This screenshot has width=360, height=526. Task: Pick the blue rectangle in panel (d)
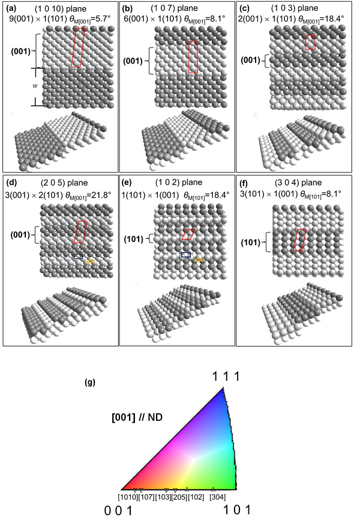79,256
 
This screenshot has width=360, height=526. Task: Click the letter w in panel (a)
35,86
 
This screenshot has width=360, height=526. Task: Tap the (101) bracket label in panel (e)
133,239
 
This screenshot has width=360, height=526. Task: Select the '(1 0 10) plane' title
61,8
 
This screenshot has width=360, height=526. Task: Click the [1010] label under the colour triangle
128,497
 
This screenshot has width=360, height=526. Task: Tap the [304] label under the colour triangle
218,497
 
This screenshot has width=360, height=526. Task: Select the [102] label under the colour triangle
196,497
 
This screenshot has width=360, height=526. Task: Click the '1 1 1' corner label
227,376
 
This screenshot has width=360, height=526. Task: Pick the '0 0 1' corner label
118,511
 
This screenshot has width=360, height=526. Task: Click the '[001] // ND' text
137,418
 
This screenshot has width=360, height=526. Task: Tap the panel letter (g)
89,382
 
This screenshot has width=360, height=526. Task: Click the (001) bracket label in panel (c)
251,61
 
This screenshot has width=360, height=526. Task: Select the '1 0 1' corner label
237,510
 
